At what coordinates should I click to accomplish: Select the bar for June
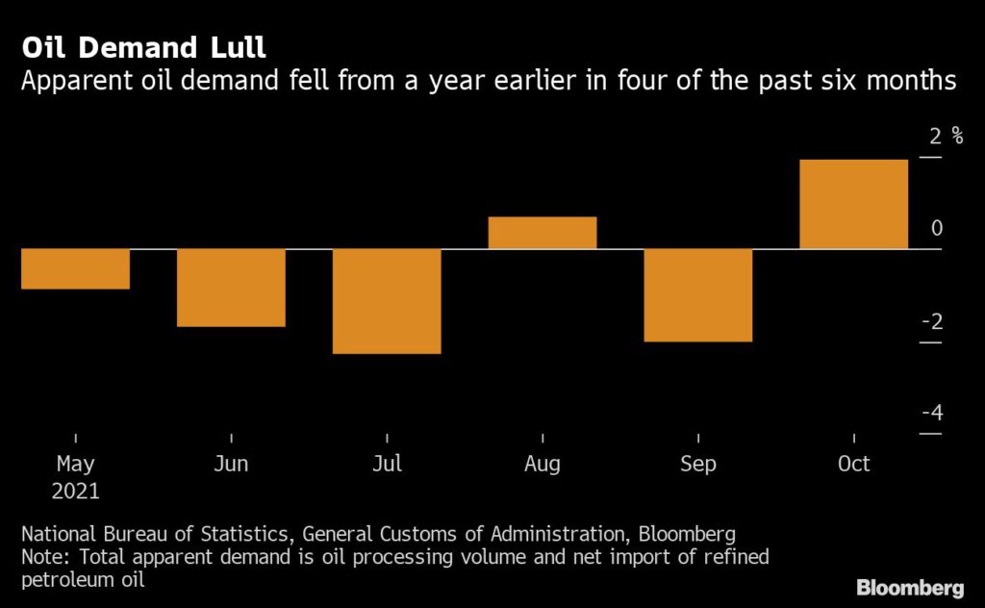[x=231, y=288]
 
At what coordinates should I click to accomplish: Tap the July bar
[x=387, y=301]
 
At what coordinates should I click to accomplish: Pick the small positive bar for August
[x=543, y=233]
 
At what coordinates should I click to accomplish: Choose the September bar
[x=698, y=295]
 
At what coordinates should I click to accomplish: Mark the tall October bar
[x=854, y=204]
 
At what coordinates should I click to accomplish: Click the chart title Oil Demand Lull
[x=143, y=48]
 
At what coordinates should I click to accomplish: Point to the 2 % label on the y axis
[x=946, y=135]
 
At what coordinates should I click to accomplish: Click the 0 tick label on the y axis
[x=937, y=228]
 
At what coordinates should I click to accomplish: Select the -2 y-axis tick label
[x=931, y=321]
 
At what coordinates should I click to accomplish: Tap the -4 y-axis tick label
[x=931, y=414]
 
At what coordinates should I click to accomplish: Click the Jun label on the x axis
[x=231, y=465]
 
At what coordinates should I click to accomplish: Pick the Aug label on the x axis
[x=543, y=465]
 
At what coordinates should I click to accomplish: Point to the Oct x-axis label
[x=854, y=465]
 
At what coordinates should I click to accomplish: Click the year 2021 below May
[x=75, y=491]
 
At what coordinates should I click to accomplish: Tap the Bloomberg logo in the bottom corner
[x=909, y=587]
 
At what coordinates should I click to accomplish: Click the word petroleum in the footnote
[x=61, y=579]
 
